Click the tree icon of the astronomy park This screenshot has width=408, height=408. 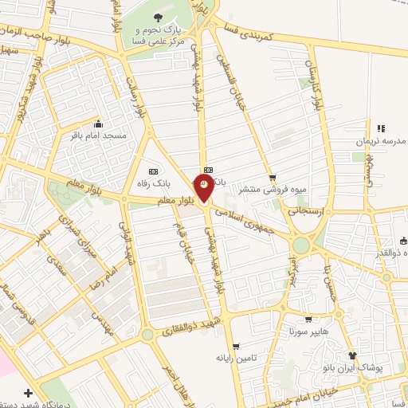coord(156,18)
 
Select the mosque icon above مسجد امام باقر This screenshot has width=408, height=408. coord(98,124)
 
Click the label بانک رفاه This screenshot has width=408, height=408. coord(152,183)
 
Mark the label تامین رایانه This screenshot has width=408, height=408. coord(234,358)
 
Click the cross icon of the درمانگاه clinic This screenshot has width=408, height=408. coord(29,393)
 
